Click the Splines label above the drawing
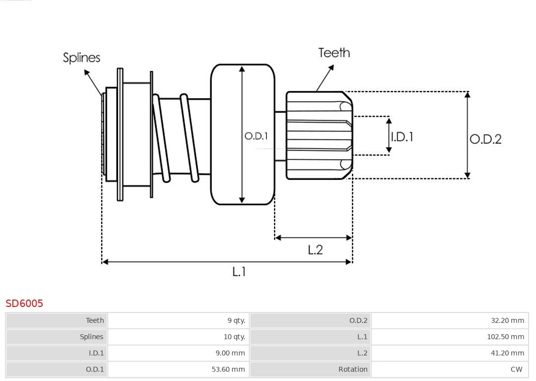pos(82,58)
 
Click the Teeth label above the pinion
pos(334,53)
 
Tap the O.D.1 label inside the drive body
pos(256,136)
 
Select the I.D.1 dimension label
pos(402,137)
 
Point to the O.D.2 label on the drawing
pos(485,139)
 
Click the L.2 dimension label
pos(315,250)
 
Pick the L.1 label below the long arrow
pos(239,272)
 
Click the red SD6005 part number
pos(24,304)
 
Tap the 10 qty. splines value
pos(234,337)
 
